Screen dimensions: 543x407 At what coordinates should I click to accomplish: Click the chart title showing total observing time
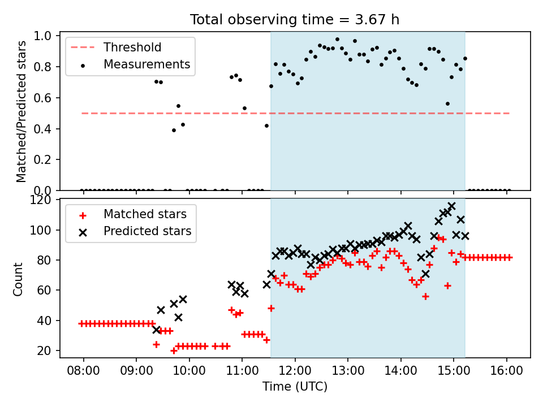tap(295, 19)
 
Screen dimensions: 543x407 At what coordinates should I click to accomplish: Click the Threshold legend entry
tap(116, 47)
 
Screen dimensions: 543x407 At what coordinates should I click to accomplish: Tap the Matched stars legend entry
tap(132, 214)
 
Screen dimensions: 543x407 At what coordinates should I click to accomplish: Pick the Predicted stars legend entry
tap(135, 231)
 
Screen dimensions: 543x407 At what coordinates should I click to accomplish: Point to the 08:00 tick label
tap(83, 371)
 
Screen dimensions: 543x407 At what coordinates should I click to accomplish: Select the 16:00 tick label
tap(507, 371)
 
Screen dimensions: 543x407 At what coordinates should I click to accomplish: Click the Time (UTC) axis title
tap(295, 386)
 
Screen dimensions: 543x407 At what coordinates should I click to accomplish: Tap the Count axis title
tap(18, 279)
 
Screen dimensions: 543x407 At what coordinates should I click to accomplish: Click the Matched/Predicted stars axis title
tap(21, 111)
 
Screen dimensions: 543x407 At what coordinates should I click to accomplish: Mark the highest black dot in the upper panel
tap(337, 40)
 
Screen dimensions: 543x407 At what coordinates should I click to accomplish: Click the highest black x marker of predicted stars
tap(451, 206)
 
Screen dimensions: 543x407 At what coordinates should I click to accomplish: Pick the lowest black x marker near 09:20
tap(157, 330)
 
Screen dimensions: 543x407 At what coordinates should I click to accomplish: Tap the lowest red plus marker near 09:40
tap(174, 351)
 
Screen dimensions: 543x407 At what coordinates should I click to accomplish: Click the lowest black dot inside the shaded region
tap(447, 104)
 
